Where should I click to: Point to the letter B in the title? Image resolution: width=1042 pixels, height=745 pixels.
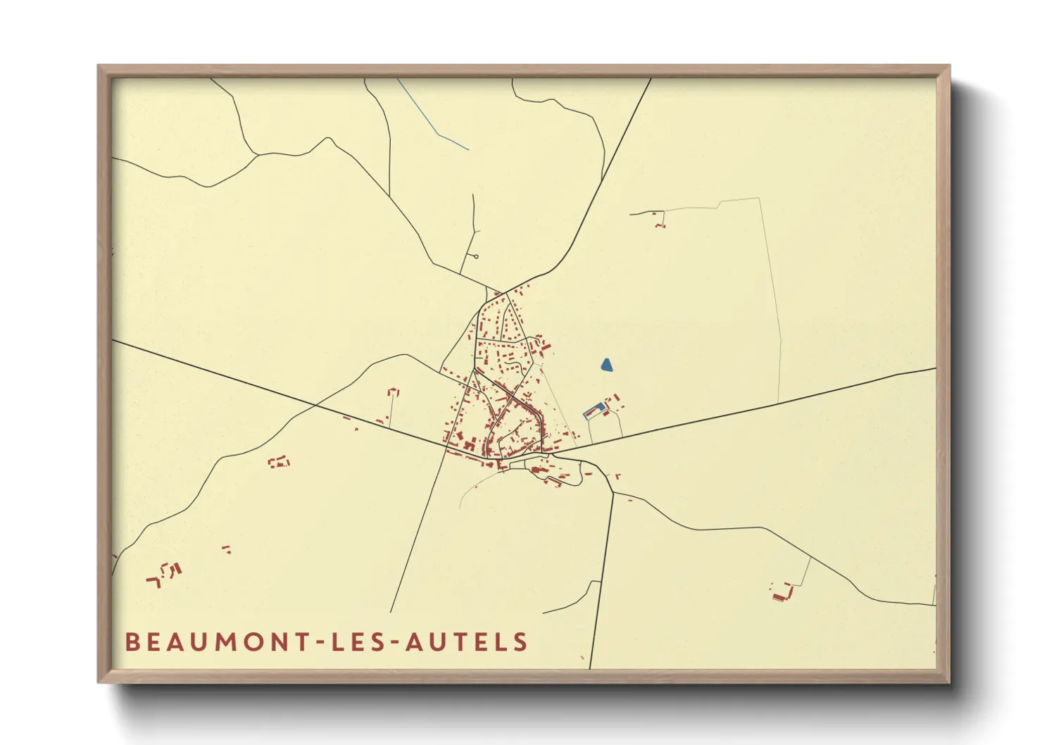(131, 642)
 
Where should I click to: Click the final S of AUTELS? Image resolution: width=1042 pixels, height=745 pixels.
(521, 642)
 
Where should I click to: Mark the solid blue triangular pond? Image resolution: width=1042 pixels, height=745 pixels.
(606, 365)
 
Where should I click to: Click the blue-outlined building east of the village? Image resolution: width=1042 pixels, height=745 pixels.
(595, 411)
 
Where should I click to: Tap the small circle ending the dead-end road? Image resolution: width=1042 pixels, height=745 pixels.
(477, 256)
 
